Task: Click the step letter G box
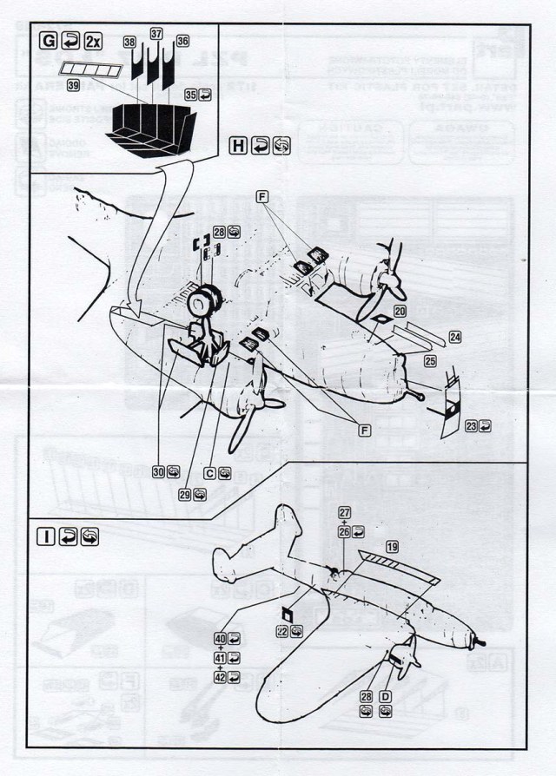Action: pos(49,41)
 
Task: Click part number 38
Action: pos(129,41)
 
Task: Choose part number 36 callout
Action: pos(182,41)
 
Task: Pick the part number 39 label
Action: pos(73,84)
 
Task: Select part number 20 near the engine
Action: pos(400,310)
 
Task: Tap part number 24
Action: pos(454,336)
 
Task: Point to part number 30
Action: pos(159,471)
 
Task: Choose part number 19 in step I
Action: pos(392,547)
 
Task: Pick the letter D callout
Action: pos(386,697)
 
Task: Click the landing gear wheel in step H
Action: pos(203,304)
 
